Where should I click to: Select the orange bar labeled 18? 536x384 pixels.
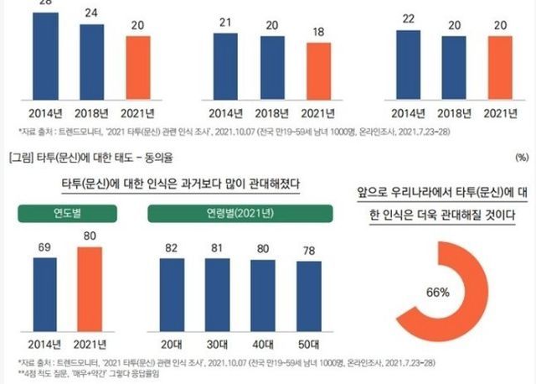click(x=315, y=75)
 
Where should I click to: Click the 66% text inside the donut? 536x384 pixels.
click(x=437, y=293)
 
